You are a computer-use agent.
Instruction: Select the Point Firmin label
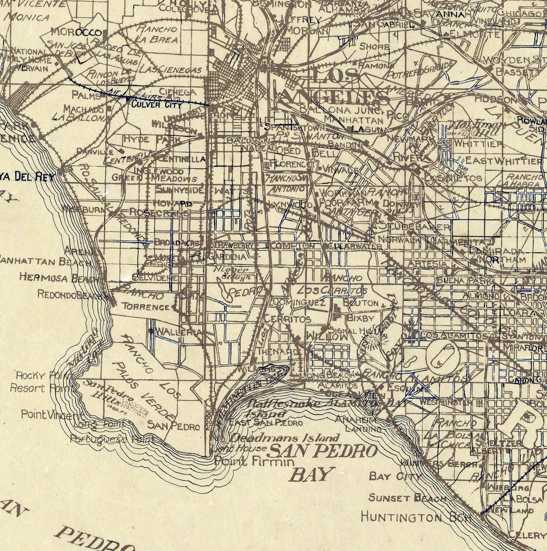[x=254, y=462]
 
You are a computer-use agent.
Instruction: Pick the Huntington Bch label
[x=416, y=517]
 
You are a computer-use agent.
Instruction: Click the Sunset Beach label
[x=407, y=497]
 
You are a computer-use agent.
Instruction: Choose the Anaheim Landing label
[x=358, y=424]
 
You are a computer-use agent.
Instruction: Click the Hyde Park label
[x=152, y=139]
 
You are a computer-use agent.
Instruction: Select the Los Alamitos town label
[x=454, y=335]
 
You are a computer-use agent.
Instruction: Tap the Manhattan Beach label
[x=45, y=262]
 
